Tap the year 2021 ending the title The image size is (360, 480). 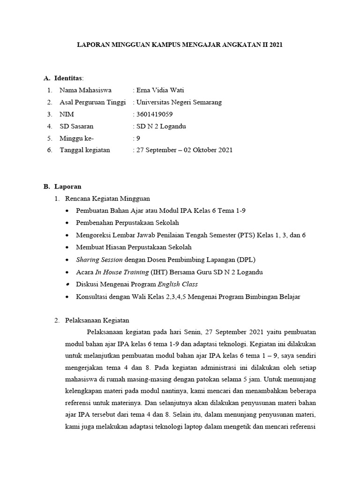tap(275, 45)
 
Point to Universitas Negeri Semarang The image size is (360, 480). tap(179, 102)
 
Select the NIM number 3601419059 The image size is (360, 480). tap(154, 114)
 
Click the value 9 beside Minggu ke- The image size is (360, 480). tap(137, 138)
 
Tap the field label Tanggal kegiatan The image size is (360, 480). tap(85, 150)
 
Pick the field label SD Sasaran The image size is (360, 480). tap(76, 126)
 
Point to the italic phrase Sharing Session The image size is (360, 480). tap(99, 259)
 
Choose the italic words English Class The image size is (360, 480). tap(178, 284)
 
